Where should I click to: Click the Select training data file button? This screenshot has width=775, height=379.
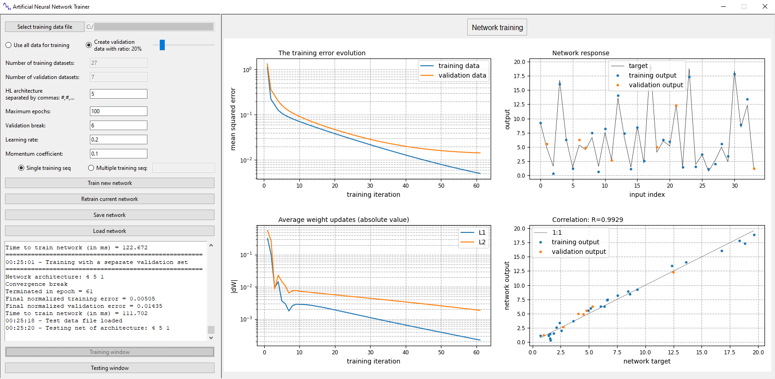(45, 27)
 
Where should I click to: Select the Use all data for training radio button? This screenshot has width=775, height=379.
(9, 45)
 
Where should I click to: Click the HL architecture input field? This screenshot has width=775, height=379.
(118, 94)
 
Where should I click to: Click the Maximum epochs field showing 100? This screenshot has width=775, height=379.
(118, 111)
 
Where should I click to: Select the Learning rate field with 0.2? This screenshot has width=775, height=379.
(118, 140)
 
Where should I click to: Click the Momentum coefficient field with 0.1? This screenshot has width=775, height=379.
(118, 154)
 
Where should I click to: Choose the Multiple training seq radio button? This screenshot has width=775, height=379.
(91, 168)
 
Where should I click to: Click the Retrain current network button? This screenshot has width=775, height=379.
(110, 199)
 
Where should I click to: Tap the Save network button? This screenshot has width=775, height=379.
(110, 215)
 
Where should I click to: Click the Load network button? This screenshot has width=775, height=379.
(110, 231)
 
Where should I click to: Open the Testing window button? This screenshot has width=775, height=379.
(110, 368)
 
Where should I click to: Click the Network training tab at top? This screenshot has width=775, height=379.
(497, 27)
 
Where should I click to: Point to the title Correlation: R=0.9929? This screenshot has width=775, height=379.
(587, 220)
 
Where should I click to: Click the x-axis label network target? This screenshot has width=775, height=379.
(647, 361)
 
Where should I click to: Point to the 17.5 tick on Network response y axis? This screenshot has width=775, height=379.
(519, 76)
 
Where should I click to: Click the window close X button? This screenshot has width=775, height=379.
(765, 6)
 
